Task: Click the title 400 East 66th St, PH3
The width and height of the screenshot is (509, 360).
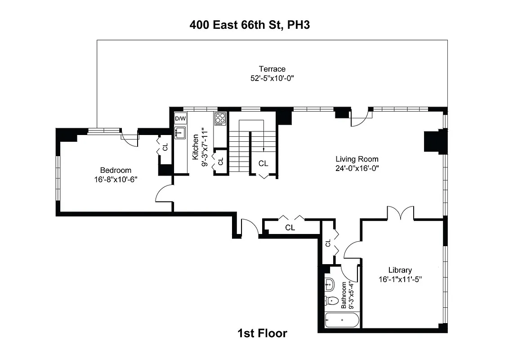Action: (x=250, y=25)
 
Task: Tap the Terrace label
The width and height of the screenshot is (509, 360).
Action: (x=272, y=69)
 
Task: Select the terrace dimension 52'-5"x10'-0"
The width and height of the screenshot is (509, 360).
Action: (x=272, y=78)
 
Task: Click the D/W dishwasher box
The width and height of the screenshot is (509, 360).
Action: (x=180, y=118)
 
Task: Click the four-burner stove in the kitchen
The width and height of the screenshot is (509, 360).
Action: (x=220, y=118)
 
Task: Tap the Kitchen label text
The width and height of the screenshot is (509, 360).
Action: (x=196, y=147)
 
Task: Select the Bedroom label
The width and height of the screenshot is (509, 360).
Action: (x=116, y=170)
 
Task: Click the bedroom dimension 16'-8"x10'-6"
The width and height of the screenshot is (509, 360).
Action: (x=116, y=179)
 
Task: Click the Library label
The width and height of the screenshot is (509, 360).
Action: (x=400, y=270)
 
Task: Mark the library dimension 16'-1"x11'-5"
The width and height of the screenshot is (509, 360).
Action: (x=400, y=279)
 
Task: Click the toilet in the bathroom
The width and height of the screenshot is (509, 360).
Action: (x=331, y=300)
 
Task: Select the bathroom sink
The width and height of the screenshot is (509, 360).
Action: (x=329, y=284)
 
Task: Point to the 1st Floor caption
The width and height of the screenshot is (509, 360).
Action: (x=262, y=333)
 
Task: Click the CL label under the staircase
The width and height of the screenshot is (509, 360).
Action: (x=263, y=163)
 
